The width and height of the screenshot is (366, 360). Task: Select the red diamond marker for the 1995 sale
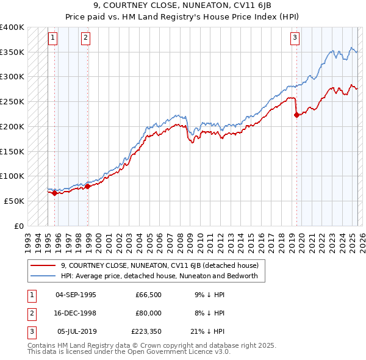pos(54,193)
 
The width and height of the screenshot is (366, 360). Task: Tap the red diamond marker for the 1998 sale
pos(88,186)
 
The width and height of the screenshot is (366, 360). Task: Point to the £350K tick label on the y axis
pos(12,52)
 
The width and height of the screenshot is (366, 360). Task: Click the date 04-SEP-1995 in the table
pos(76,295)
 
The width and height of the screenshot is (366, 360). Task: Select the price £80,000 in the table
pos(148,313)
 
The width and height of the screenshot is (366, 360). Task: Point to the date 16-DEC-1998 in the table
pos(76,313)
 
